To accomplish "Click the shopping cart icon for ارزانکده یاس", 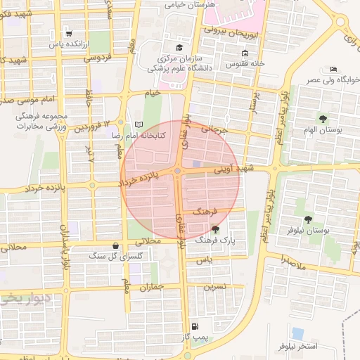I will click(x=68, y=32).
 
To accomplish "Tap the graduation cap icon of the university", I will click(x=179, y=47).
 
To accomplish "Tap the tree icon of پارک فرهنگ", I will click(x=214, y=229).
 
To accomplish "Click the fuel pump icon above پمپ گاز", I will click(x=195, y=326).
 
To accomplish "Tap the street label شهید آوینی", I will click(x=233, y=169).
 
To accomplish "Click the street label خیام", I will click(x=152, y=93).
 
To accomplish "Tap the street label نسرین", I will click(x=214, y=287).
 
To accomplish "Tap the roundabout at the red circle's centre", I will click(x=179, y=171).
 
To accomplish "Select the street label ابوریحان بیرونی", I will click(x=233, y=32).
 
